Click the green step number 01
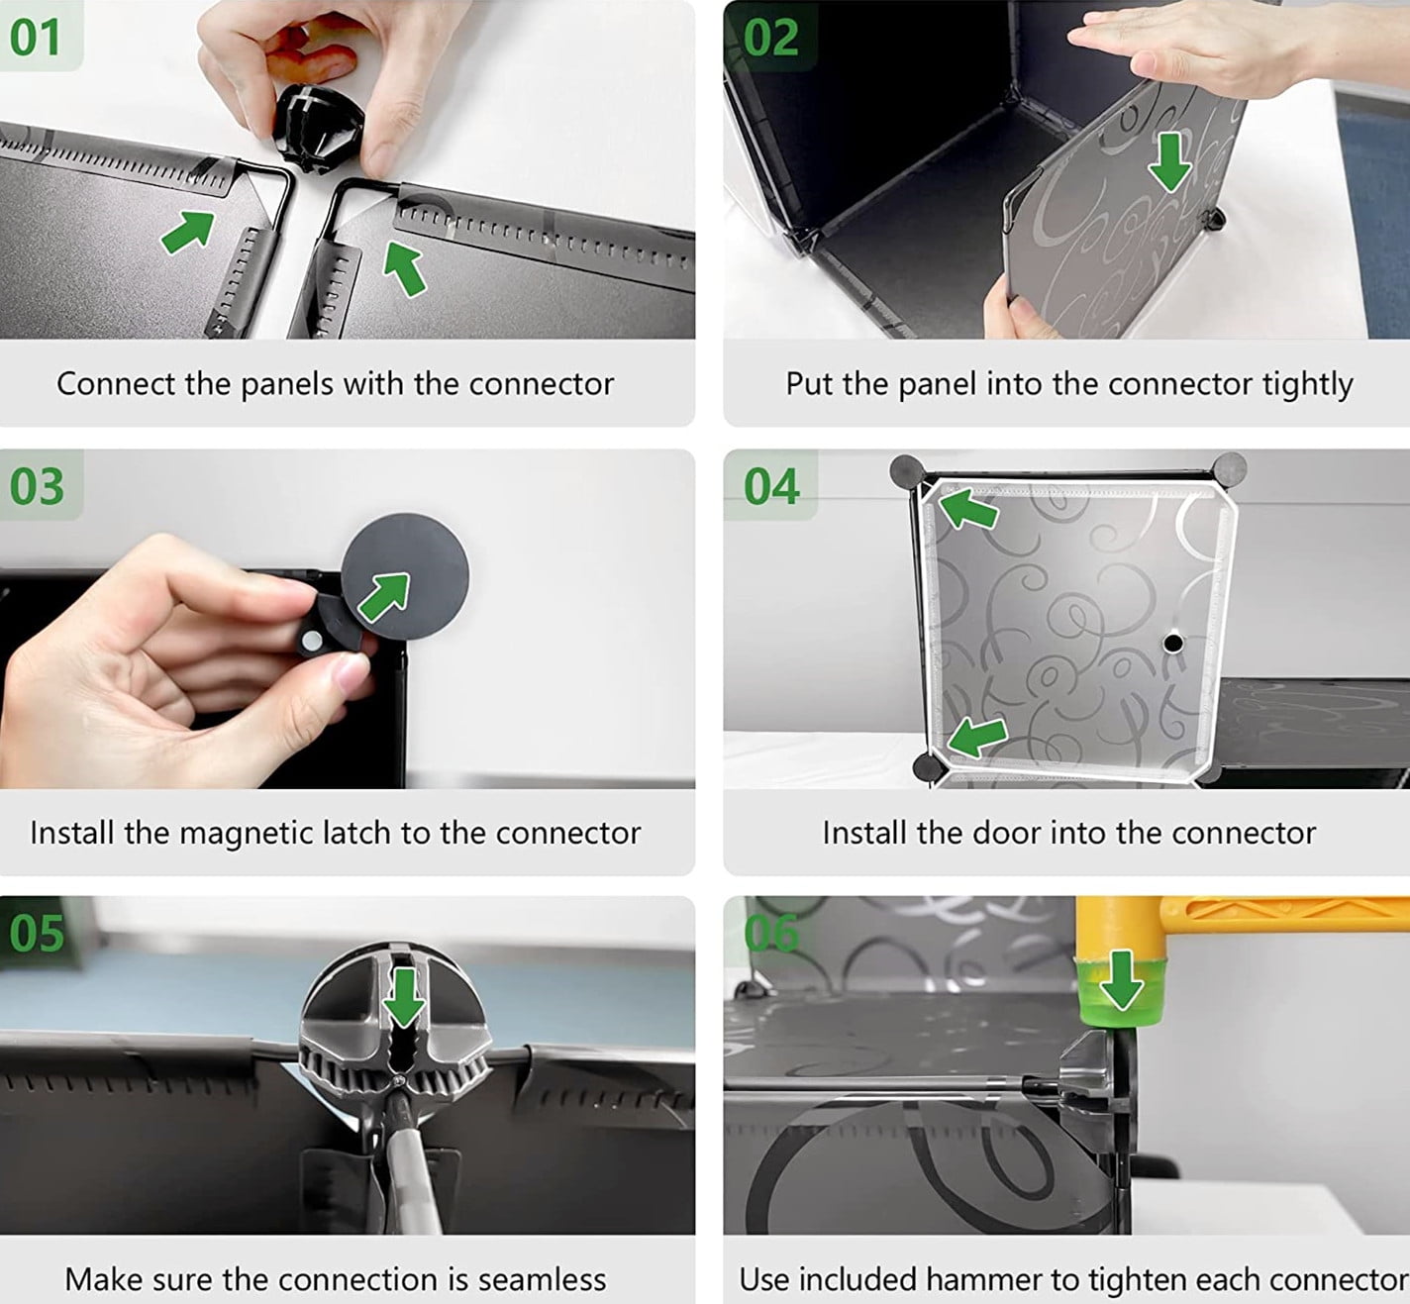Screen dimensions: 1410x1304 pyautogui.click(x=35, y=37)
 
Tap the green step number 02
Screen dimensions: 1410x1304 pyautogui.click(x=771, y=37)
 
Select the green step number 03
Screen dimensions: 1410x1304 pyautogui.click(x=37, y=486)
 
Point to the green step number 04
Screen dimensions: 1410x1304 pyautogui.click(x=771, y=486)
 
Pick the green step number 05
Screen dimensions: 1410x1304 pyautogui.click(x=37, y=933)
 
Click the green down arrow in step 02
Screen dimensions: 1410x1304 pyautogui.click(x=1169, y=161)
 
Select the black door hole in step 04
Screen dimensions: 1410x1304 pyautogui.click(x=1173, y=644)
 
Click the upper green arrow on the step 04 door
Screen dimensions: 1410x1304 pyautogui.click(x=968, y=509)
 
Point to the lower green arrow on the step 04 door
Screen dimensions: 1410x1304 pyautogui.click(x=977, y=737)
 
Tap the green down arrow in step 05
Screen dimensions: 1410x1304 pyautogui.click(x=404, y=996)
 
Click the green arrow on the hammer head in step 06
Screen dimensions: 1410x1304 pyautogui.click(x=1122, y=981)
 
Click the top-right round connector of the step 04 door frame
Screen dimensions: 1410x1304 pyautogui.click(x=1229, y=468)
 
